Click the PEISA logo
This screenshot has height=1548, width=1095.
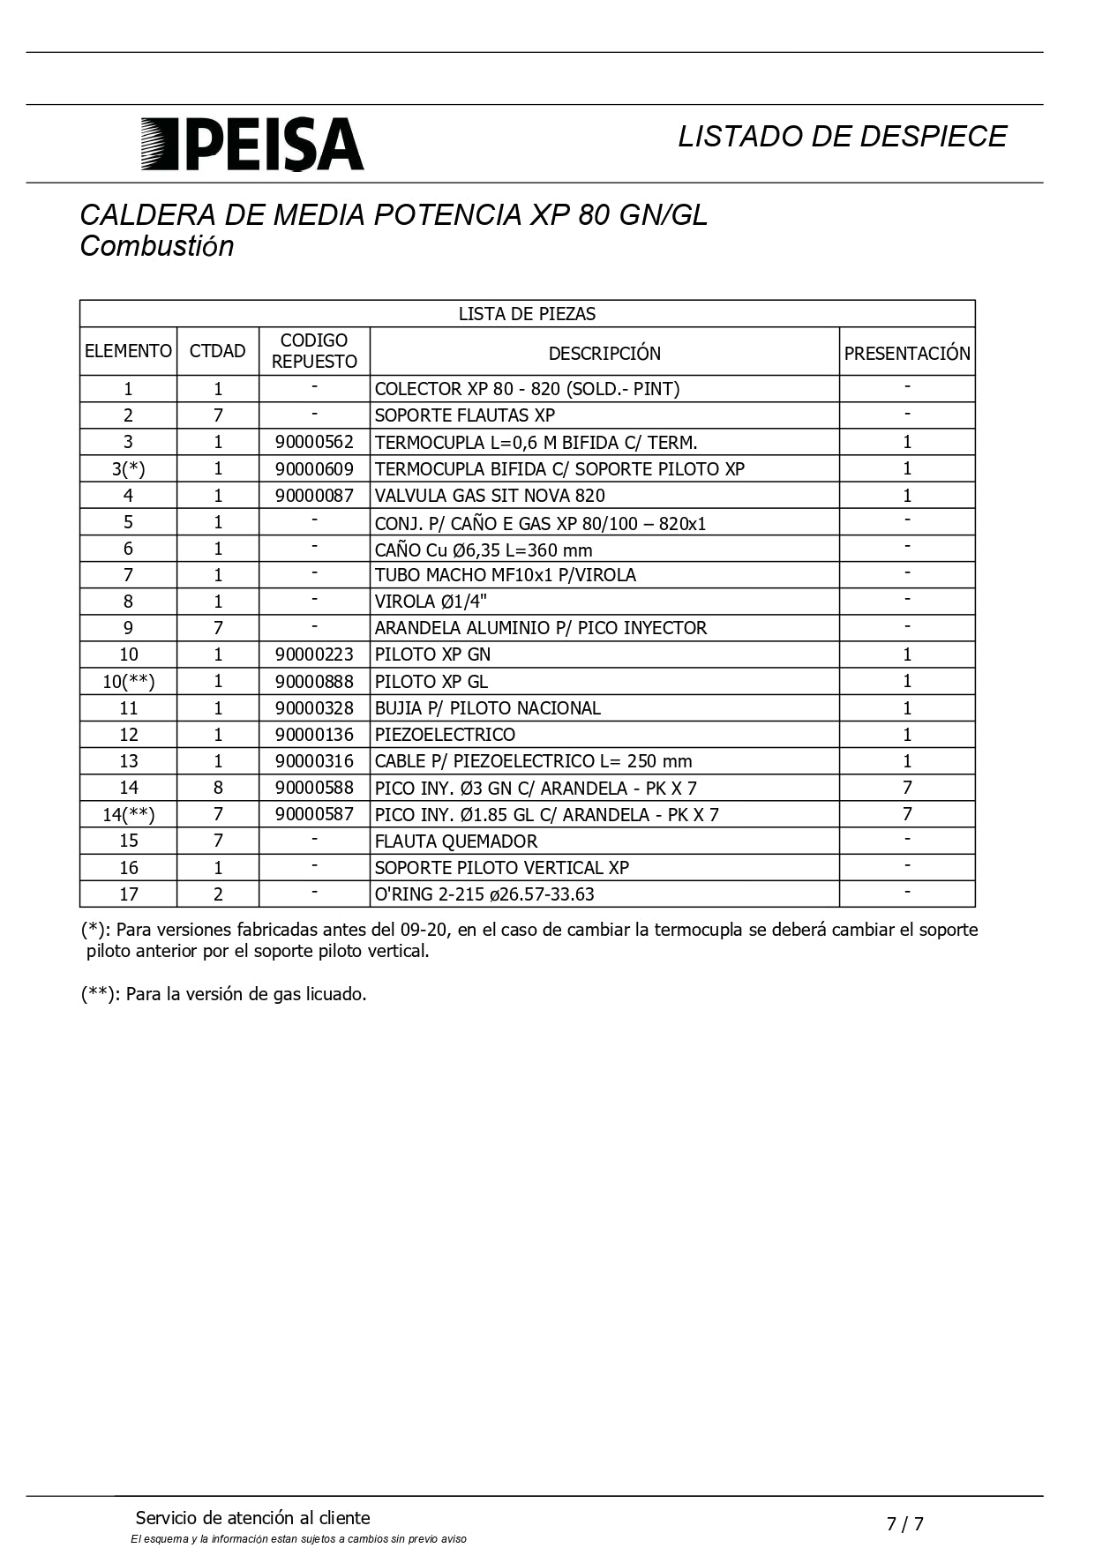[x=252, y=144]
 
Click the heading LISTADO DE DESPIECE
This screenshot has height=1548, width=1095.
[x=842, y=136]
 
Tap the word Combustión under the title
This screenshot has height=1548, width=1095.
[x=157, y=246]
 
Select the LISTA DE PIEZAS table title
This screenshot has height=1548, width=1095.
[x=527, y=314]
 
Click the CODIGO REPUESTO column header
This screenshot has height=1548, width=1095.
[x=314, y=351]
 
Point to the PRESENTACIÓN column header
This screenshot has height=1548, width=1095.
[x=907, y=353]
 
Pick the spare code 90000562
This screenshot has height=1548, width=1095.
[x=314, y=442]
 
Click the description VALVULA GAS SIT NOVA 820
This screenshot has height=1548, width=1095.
[x=490, y=496]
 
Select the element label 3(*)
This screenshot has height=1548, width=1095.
[x=129, y=469]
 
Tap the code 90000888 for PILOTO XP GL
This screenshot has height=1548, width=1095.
[x=314, y=682]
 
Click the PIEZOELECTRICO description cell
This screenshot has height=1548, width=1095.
[x=445, y=735]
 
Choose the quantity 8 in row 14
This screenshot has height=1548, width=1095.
[x=218, y=788]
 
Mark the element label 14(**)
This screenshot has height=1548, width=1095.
[x=129, y=814]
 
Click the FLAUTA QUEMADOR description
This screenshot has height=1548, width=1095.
[x=456, y=841]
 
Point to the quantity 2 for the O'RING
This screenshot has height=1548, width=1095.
[x=218, y=894]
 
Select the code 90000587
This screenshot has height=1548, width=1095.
[x=314, y=814]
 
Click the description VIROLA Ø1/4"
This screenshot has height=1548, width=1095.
[x=431, y=602]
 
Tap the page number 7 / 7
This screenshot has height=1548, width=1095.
[x=905, y=1523]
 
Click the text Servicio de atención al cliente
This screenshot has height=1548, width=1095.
[x=253, y=1518]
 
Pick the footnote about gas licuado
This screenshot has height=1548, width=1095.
[x=224, y=994]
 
